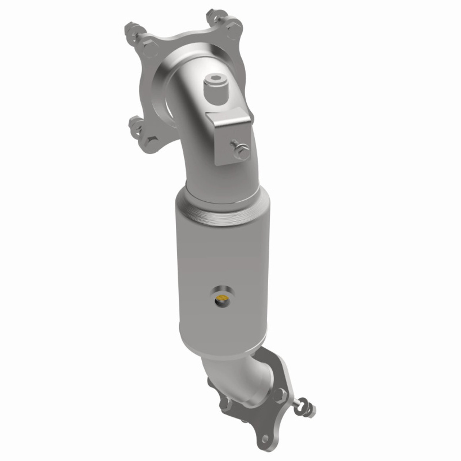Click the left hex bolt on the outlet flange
click(x=225, y=403)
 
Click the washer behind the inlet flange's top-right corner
click(x=212, y=16)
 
